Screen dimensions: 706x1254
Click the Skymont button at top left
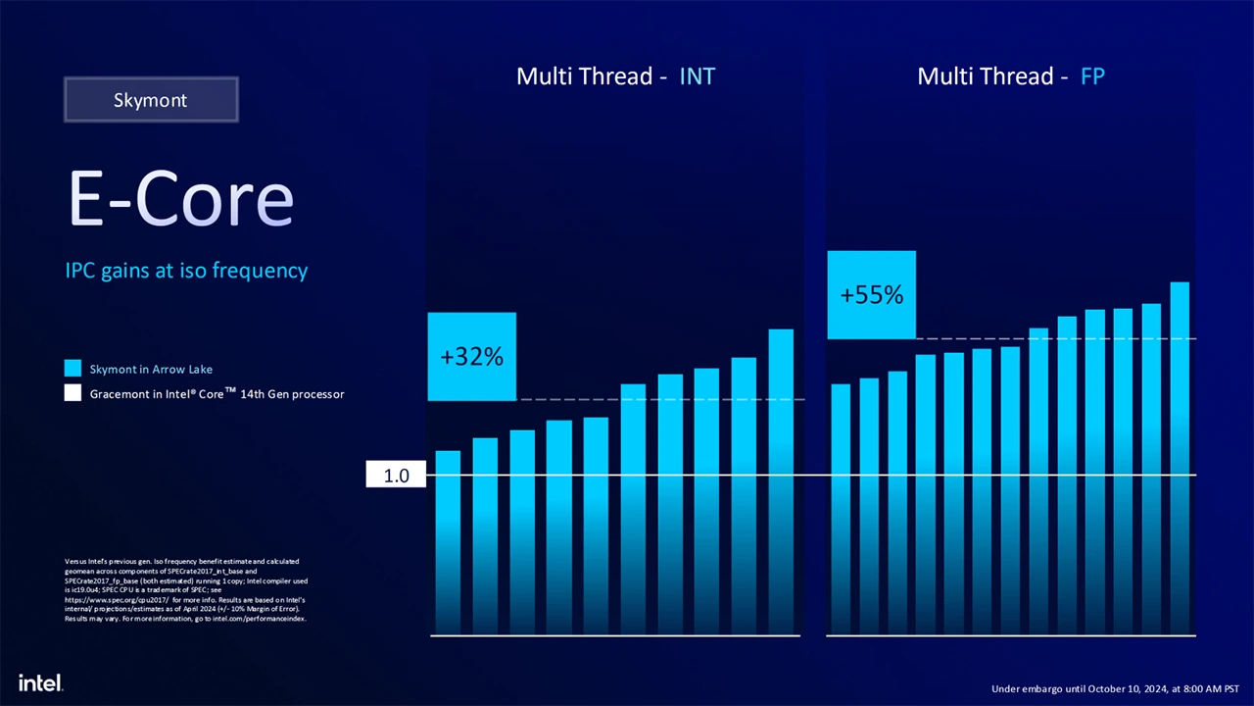(151, 100)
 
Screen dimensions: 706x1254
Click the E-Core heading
(181, 199)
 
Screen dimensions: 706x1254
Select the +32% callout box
(471, 357)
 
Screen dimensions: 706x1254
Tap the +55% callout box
(872, 295)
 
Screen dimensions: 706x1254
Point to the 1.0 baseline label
(396, 477)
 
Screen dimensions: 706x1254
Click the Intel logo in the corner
(40, 682)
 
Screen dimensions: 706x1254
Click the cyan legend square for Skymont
(72, 369)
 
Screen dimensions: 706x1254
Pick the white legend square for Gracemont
(72, 393)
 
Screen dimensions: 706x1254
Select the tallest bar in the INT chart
(781, 480)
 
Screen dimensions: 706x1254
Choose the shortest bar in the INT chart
(448, 539)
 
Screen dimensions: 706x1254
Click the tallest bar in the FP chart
(1180, 456)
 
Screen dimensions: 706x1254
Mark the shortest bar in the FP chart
(841, 505)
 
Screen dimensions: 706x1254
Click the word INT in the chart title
(697, 76)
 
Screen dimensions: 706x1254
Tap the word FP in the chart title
(1092, 76)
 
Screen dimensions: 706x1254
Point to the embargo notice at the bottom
(1115, 688)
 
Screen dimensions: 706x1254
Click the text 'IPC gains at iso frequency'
(186, 271)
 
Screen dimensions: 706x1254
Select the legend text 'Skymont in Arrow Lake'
(151, 370)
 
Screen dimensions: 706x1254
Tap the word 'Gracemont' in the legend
(120, 394)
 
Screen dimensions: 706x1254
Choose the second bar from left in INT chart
(485, 534)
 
